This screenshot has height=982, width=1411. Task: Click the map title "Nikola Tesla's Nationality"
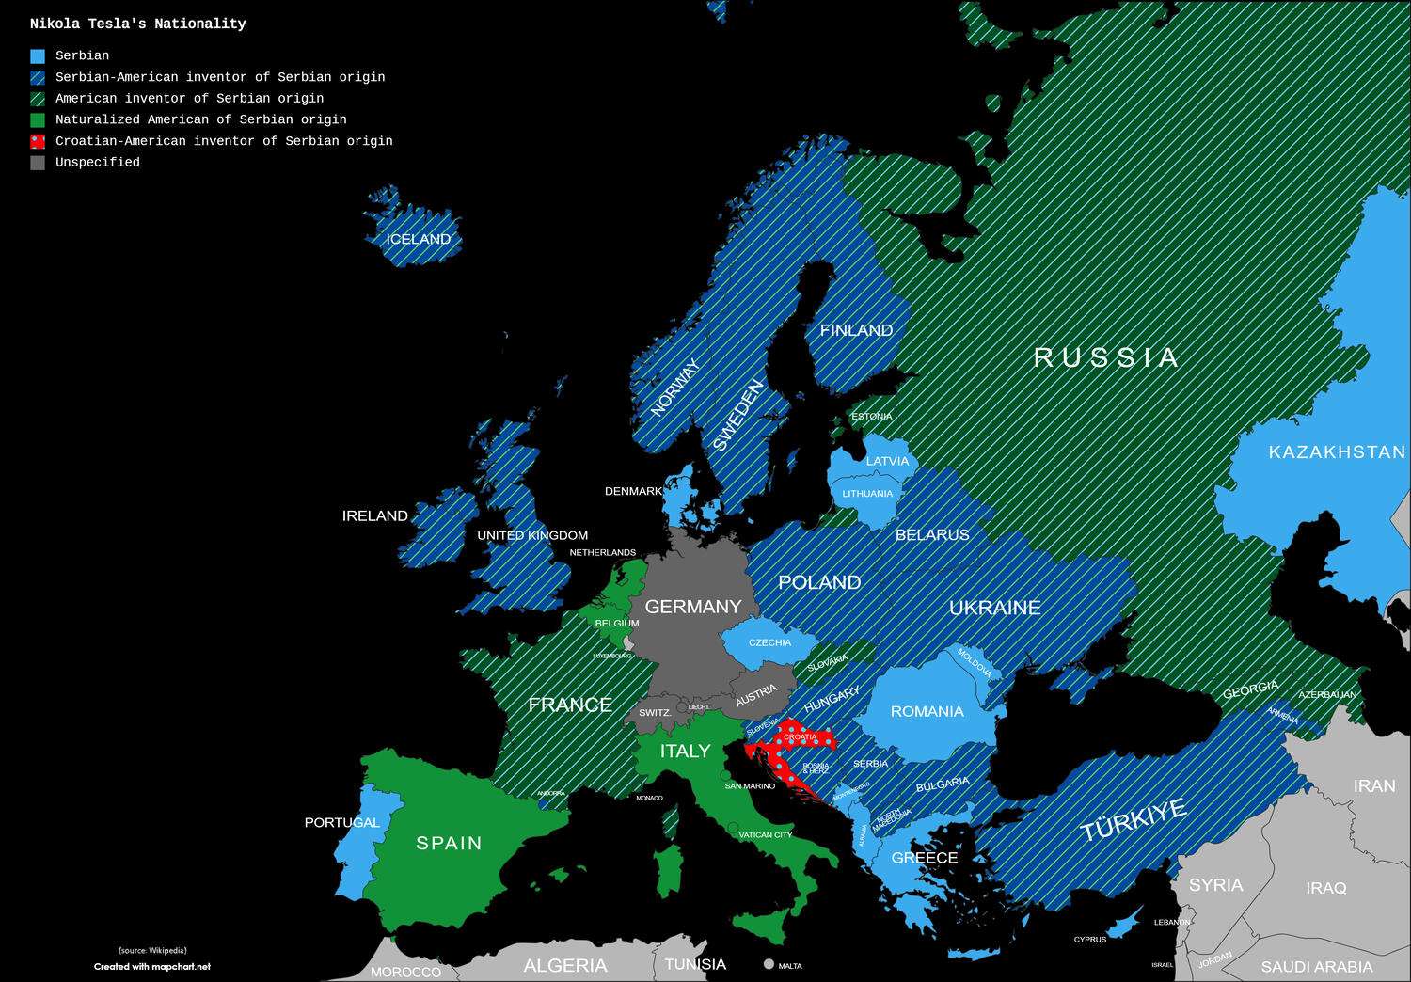point(137,24)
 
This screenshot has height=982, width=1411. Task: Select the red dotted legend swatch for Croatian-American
point(38,141)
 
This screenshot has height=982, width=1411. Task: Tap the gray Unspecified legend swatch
point(38,163)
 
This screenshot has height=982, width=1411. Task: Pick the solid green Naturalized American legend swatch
point(38,120)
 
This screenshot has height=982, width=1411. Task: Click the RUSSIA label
point(1106,357)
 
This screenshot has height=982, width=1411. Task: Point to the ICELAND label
point(419,239)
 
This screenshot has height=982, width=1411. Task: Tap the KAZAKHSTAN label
point(1336,452)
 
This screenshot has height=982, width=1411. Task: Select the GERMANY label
point(693,607)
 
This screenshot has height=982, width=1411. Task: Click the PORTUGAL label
point(341,822)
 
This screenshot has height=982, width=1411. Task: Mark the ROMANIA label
point(927,711)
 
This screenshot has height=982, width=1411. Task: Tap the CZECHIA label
point(769,642)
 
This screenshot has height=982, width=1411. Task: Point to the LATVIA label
point(887,461)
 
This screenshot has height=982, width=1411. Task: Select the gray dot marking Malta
point(769,964)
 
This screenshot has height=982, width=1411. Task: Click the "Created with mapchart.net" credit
point(152,966)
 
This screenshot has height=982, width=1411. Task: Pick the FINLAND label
point(856,330)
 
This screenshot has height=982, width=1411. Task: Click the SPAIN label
point(449,844)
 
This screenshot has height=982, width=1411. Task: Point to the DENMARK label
point(633,491)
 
